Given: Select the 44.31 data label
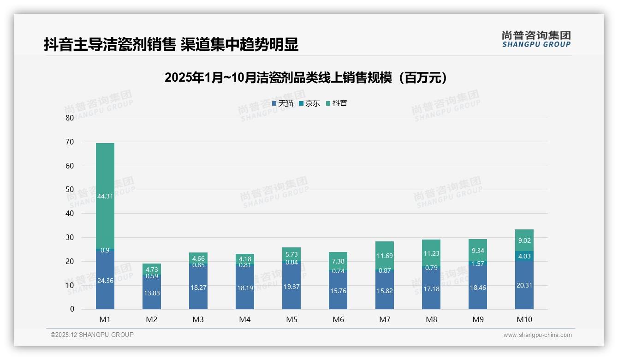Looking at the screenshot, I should click(105, 196).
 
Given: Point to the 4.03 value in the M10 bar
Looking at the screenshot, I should click(524, 256).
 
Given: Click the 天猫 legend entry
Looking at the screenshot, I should click(283, 103).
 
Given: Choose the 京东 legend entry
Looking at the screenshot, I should click(309, 103).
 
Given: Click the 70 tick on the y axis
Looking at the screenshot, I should click(70, 142).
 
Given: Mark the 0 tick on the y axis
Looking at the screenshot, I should click(72, 309).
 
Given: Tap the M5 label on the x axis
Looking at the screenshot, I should click(291, 319).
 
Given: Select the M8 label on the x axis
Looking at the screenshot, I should click(431, 319).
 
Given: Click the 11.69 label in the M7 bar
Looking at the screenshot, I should click(385, 256).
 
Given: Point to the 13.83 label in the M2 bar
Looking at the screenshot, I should click(152, 293).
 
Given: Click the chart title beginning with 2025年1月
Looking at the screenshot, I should click(306, 78).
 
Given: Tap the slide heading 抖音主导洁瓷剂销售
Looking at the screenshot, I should click(171, 44).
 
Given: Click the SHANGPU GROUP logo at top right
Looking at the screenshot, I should click(536, 39).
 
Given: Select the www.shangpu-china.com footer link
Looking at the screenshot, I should click(537, 335).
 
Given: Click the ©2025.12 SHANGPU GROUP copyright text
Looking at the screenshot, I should click(92, 335).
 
